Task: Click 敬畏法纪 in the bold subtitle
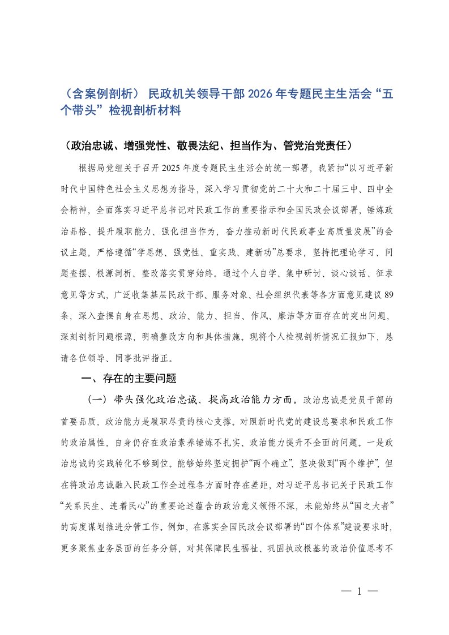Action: (219, 145)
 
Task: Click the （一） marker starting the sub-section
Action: (96, 400)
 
